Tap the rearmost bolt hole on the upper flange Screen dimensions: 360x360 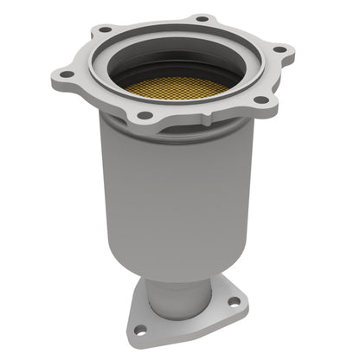[201, 18]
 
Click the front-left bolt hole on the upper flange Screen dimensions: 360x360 [145, 115]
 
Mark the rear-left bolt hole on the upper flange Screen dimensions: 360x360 [106, 29]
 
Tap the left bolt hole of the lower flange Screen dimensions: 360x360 [140, 329]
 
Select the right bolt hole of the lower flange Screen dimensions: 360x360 [232, 301]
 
